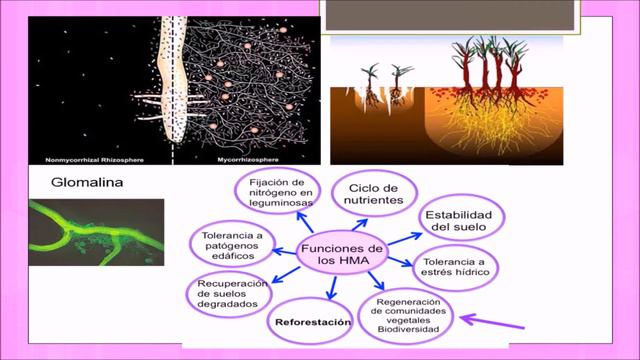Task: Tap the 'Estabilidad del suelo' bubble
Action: pyautogui.click(x=457, y=222)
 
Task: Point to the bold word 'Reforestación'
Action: pyautogui.click(x=314, y=323)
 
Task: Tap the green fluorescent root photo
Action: pyautogui.click(x=95, y=232)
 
